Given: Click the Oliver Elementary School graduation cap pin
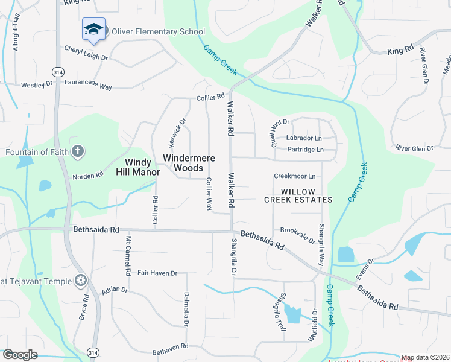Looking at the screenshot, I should pyautogui.click(x=93, y=29).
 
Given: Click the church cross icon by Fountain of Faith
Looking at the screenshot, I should pyautogui.click(x=77, y=151).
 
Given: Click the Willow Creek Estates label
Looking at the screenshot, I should pyautogui.click(x=298, y=194).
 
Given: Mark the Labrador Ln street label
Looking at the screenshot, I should pyautogui.click(x=304, y=138).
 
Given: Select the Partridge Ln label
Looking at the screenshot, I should pyautogui.click(x=305, y=149).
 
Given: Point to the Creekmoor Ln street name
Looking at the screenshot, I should pyautogui.click(x=295, y=176).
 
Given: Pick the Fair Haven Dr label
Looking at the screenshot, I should pyautogui.click(x=157, y=273).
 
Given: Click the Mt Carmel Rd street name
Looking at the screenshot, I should pyautogui.click(x=128, y=255).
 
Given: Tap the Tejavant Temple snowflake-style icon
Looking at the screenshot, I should pyautogui.click(x=80, y=281).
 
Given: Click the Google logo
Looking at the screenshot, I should pyautogui.click(x=20, y=355).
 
